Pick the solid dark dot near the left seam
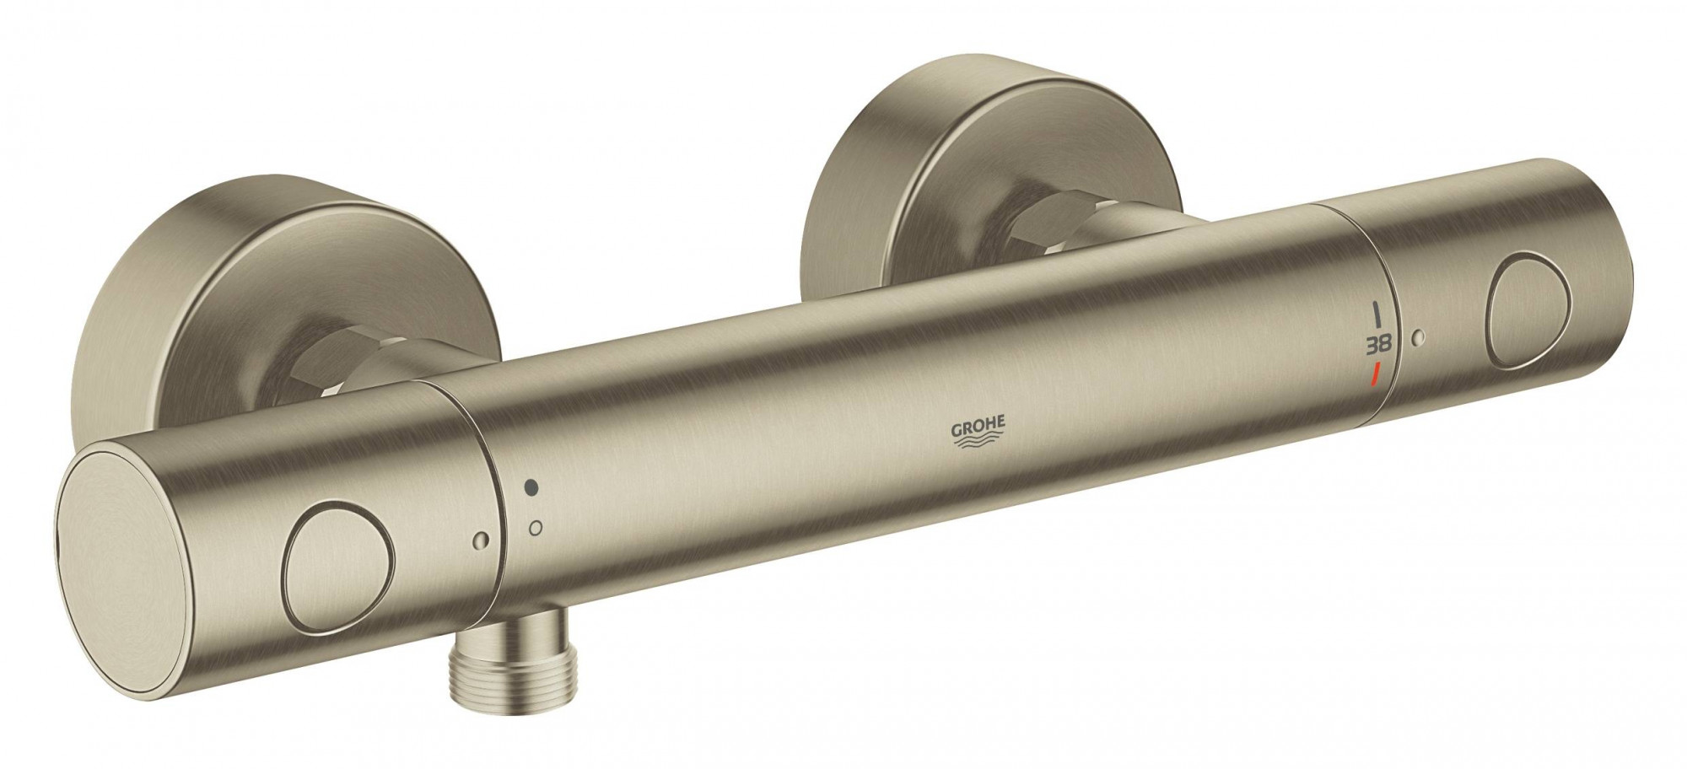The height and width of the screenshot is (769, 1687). point(531,488)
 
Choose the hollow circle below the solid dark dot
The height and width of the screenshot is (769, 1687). point(534,529)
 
